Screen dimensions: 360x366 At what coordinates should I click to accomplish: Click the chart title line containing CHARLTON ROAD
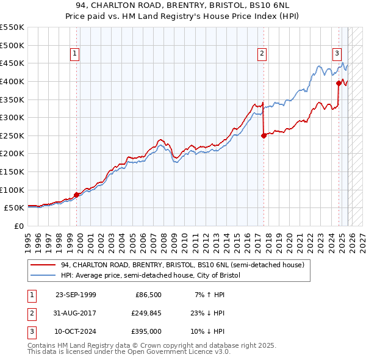(x=183, y=5)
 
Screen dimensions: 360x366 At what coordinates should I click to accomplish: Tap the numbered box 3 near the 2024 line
(x=337, y=53)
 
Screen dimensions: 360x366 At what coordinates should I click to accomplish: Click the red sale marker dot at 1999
(x=77, y=195)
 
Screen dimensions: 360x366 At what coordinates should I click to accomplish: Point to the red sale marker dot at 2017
(x=264, y=136)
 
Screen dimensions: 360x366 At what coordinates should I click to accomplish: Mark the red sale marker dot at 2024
(x=339, y=84)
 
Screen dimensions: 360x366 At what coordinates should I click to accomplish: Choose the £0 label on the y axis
(x=18, y=226)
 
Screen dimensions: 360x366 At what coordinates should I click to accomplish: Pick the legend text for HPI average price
(x=151, y=276)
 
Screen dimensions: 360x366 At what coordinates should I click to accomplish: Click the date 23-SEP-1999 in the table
(x=76, y=295)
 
